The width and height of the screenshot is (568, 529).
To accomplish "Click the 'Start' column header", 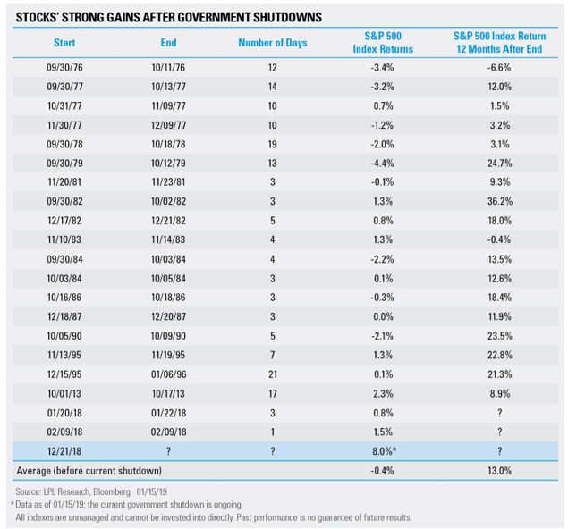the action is [x=64, y=43].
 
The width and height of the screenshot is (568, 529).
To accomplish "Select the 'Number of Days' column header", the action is [x=273, y=43].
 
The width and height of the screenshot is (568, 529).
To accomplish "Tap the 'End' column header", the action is [x=168, y=43].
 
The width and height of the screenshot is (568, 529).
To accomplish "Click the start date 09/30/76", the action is [x=64, y=68].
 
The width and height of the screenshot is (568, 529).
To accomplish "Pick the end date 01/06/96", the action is [x=168, y=374].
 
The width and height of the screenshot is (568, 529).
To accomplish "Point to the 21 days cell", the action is [x=273, y=374].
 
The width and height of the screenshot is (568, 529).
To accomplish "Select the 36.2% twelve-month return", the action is [x=499, y=201].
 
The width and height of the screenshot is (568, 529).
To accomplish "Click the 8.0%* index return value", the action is [x=384, y=451].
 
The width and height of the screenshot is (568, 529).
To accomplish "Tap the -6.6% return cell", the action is [x=499, y=68].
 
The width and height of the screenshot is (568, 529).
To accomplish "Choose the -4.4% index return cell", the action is [x=383, y=164].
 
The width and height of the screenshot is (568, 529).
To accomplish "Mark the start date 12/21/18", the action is [x=64, y=451].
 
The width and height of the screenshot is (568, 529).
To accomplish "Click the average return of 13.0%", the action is [x=499, y=471].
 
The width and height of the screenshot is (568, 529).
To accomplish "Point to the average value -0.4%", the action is [x=383, y=471].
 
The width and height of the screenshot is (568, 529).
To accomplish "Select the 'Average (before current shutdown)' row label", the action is [x=89, y=471].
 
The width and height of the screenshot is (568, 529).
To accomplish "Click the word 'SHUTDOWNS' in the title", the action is [x=287, y=17].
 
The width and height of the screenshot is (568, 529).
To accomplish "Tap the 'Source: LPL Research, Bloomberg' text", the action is [x=72, y=491].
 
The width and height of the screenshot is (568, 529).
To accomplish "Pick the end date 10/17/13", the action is [x=168, y=394].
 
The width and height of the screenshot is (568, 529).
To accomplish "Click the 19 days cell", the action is [x=273, y=144].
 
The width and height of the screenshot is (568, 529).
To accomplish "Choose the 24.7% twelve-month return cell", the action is [x=499, y=164].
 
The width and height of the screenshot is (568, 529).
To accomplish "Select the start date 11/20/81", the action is [x=64, y=181].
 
